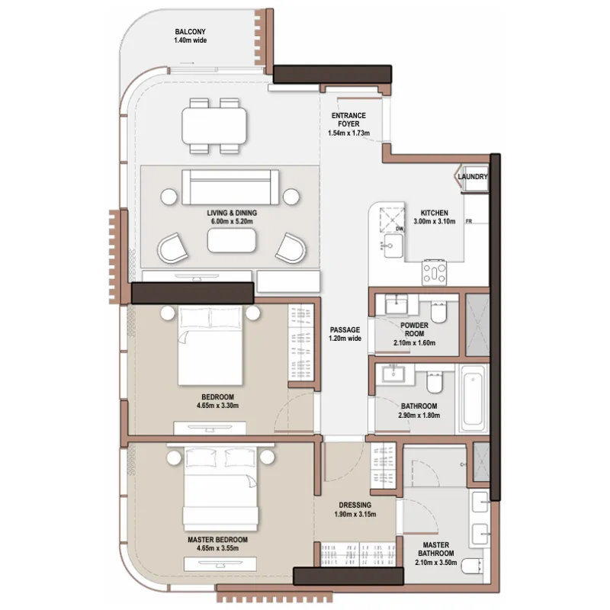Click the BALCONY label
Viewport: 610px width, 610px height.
pos(190,32)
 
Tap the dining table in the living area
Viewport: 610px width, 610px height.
pos(214,125)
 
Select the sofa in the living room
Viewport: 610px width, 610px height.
pos(230,187)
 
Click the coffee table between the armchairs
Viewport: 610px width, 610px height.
pos(232,240)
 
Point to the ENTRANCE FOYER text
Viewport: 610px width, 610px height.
pos(348,120)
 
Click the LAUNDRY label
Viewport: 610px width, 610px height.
pos(473,177)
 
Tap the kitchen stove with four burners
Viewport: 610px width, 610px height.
pos(435,272)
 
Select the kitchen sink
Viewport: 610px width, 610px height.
pos(393,246)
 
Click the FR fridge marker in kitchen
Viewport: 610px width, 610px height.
pos(469,221)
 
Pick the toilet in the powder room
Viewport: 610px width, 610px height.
pos(438,312)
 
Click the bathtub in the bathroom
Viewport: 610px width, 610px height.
pos(473,397)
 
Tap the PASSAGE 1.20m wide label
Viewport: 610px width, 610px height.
pos(345,334)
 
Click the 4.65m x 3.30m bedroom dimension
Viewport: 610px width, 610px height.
pos(218,406)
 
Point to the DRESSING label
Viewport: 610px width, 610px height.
pos(355,505)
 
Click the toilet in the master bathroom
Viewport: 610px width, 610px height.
pos(472,566)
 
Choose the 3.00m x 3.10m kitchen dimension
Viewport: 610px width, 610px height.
pos(435,221)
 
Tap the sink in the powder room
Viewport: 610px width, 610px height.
pos(396,303)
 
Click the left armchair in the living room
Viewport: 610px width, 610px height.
pos(173,249)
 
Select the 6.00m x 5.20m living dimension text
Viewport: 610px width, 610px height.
pos(232,221)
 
